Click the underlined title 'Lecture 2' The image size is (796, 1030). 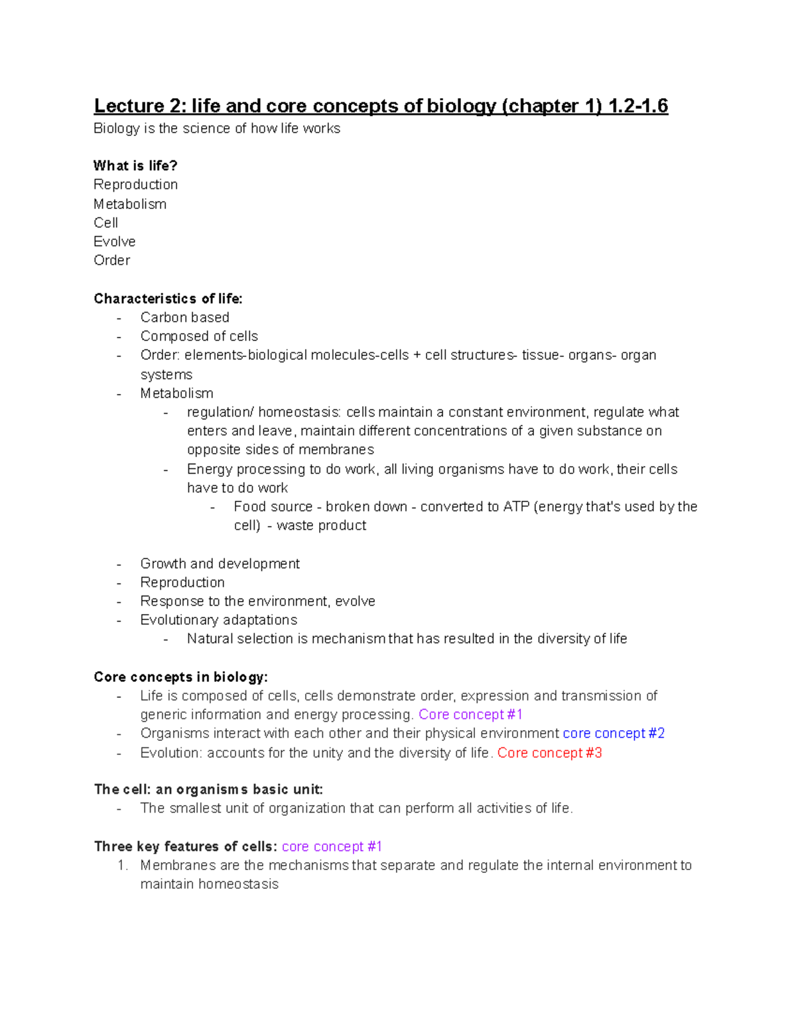click(138, 106)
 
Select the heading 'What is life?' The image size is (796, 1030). click(135, 165)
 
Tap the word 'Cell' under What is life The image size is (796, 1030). click(105, 223)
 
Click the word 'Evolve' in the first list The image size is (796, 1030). click(114, 241)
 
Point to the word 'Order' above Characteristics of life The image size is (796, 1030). click(111, 260)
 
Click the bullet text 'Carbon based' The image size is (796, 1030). click(184, 317)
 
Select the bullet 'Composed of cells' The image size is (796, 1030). click(199, 336)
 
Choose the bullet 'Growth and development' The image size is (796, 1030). click(220, 564)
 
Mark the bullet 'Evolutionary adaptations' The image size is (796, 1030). click(218, 619)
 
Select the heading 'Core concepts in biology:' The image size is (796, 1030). click(180, 677)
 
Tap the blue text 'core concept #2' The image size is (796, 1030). click(614, 733)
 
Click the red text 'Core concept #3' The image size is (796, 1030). click(549, 753)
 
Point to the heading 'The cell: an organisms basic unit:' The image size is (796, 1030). click(208, 789)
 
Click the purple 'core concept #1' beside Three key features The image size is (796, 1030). click(332, 846)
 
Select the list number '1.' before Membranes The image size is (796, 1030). click(121, 865)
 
